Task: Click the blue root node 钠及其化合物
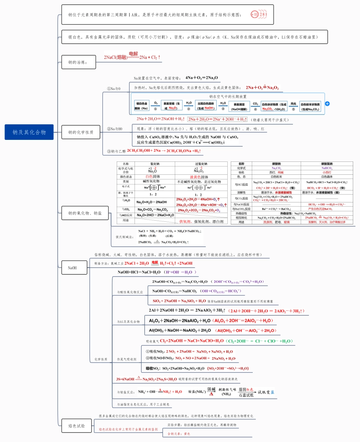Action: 29,132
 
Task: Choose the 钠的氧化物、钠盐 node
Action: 85,213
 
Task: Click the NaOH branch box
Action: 72,268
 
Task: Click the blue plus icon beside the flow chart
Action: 327,103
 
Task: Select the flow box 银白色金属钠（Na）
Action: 142,106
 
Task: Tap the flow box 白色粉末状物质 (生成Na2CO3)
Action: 310,106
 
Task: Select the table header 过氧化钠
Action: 201,164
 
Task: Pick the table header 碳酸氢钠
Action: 327,164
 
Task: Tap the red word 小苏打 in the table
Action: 327,172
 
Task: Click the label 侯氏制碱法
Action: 125,237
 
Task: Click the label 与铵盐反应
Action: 125,392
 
